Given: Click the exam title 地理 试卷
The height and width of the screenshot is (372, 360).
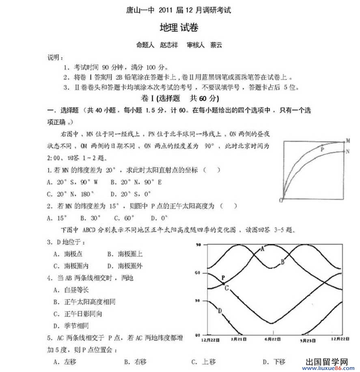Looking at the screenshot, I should coord(179,28).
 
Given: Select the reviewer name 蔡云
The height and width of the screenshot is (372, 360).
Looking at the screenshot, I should coord(216,45).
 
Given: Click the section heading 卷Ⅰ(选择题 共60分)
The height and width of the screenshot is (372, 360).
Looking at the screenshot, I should coord(179,99).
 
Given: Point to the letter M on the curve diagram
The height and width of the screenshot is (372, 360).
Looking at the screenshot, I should coord(348,141).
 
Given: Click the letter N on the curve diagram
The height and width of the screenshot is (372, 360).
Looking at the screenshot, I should coord(348,151).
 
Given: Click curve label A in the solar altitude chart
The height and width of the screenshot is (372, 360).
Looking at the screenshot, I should coord(262,249).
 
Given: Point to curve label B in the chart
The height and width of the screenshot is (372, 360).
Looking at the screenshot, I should coord(282,262).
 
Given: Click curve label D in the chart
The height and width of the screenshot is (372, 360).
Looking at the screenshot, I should coord(220,311).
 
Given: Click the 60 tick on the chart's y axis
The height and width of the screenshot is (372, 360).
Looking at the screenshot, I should coord(198,273).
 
